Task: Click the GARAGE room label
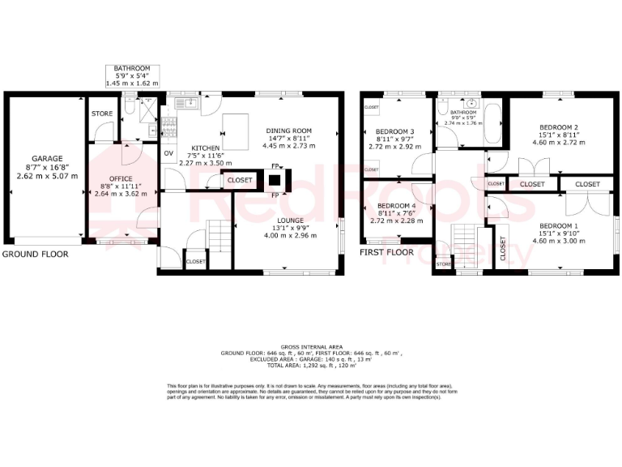pos(47,159)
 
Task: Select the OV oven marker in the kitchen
pos(169,152)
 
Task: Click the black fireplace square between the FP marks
pos(275,182)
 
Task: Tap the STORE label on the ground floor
pos(102,114)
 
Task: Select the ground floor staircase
pos(218,234)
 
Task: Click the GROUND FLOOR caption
pos(35,254)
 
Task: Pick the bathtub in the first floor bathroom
pos(493,126)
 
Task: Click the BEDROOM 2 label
pos(559,127)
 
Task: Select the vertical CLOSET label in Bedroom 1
pos(502,251)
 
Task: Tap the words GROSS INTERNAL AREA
pos(311,345)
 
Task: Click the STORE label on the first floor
pos(443,264)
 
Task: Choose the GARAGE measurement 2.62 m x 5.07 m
pos(47,175)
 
